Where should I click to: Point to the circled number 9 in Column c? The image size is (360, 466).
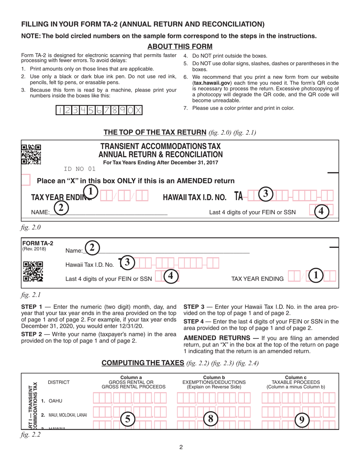tap(302, 419)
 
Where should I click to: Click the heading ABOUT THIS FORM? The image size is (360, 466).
tap(180, 47)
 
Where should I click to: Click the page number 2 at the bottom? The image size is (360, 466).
tap(181, 447)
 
